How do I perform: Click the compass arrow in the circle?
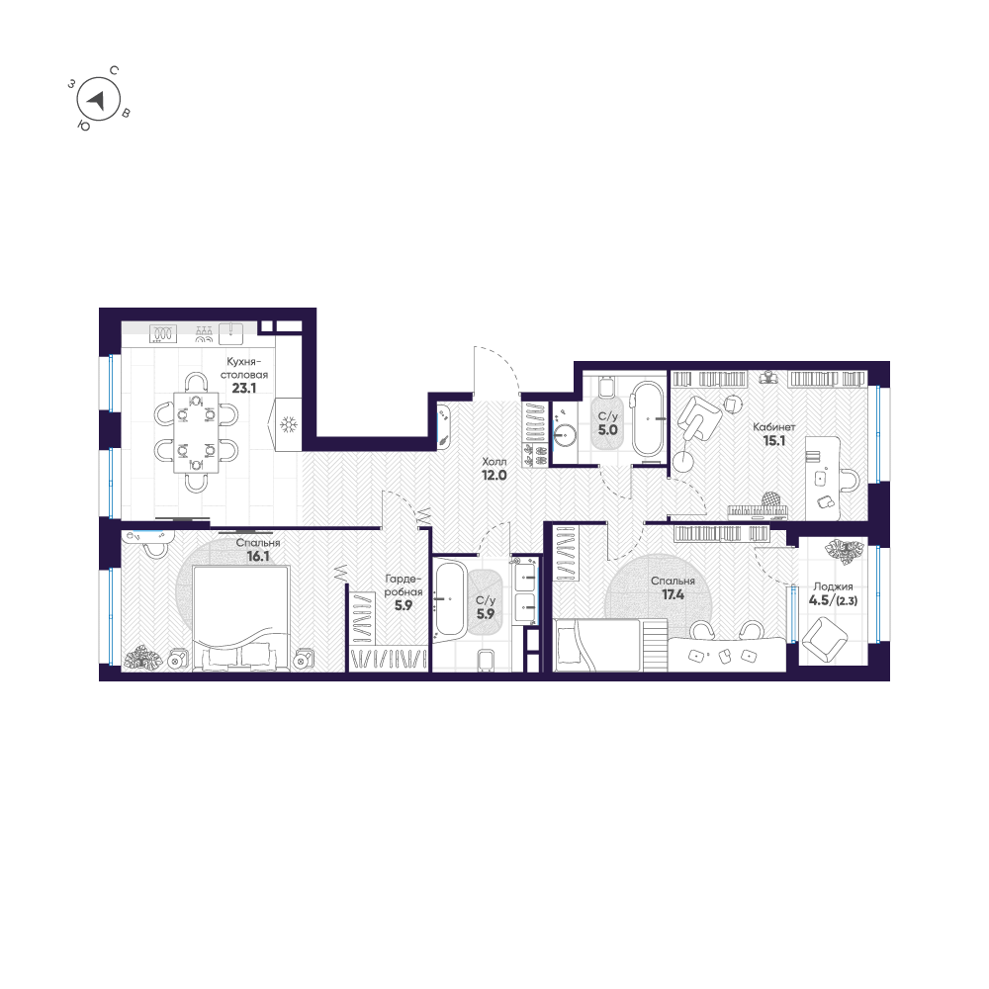[97, 100]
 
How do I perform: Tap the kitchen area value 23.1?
[244, 388]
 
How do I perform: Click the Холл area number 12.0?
[494, 476]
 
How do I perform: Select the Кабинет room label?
[774, 427]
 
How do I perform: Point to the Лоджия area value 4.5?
[819, 600]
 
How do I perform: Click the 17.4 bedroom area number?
[673, 594]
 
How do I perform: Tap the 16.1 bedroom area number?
[258, 556]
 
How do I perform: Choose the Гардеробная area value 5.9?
[404, 605]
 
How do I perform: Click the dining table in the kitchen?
[196, 433]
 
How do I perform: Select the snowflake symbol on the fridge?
[288, 424]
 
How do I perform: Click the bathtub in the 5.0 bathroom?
[649, 418]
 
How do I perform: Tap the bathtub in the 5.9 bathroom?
[450, 598]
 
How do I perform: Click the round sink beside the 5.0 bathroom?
[565, 434]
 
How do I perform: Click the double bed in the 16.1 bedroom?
[241, 618]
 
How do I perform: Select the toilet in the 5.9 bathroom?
[487, 661]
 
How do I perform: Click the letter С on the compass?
[114, 70]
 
